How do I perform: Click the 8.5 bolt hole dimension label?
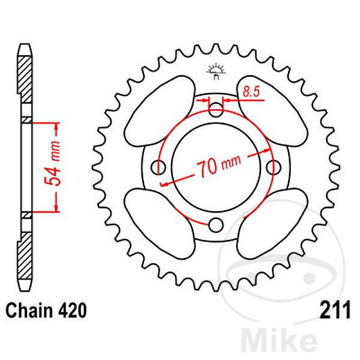click(251, 91)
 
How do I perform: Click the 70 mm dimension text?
click(219, 166)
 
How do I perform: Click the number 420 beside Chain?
click(73, 310)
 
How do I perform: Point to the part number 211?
click(335, 310)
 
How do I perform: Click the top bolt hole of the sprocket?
click(216, 110)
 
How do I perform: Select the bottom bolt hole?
click(216, 225)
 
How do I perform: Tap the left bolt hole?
click(158, 167)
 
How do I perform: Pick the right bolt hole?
click(274, 167)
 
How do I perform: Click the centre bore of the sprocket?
click(216, 167)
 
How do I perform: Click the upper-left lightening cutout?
click(160, 111)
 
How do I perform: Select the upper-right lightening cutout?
click(272, 111)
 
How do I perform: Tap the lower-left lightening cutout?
click(160, 224)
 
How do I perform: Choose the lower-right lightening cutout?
click(272, 224)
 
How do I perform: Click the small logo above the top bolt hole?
click(216, 71)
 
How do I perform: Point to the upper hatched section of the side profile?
click(25, 79)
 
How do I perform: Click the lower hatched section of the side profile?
click(25, 256)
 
